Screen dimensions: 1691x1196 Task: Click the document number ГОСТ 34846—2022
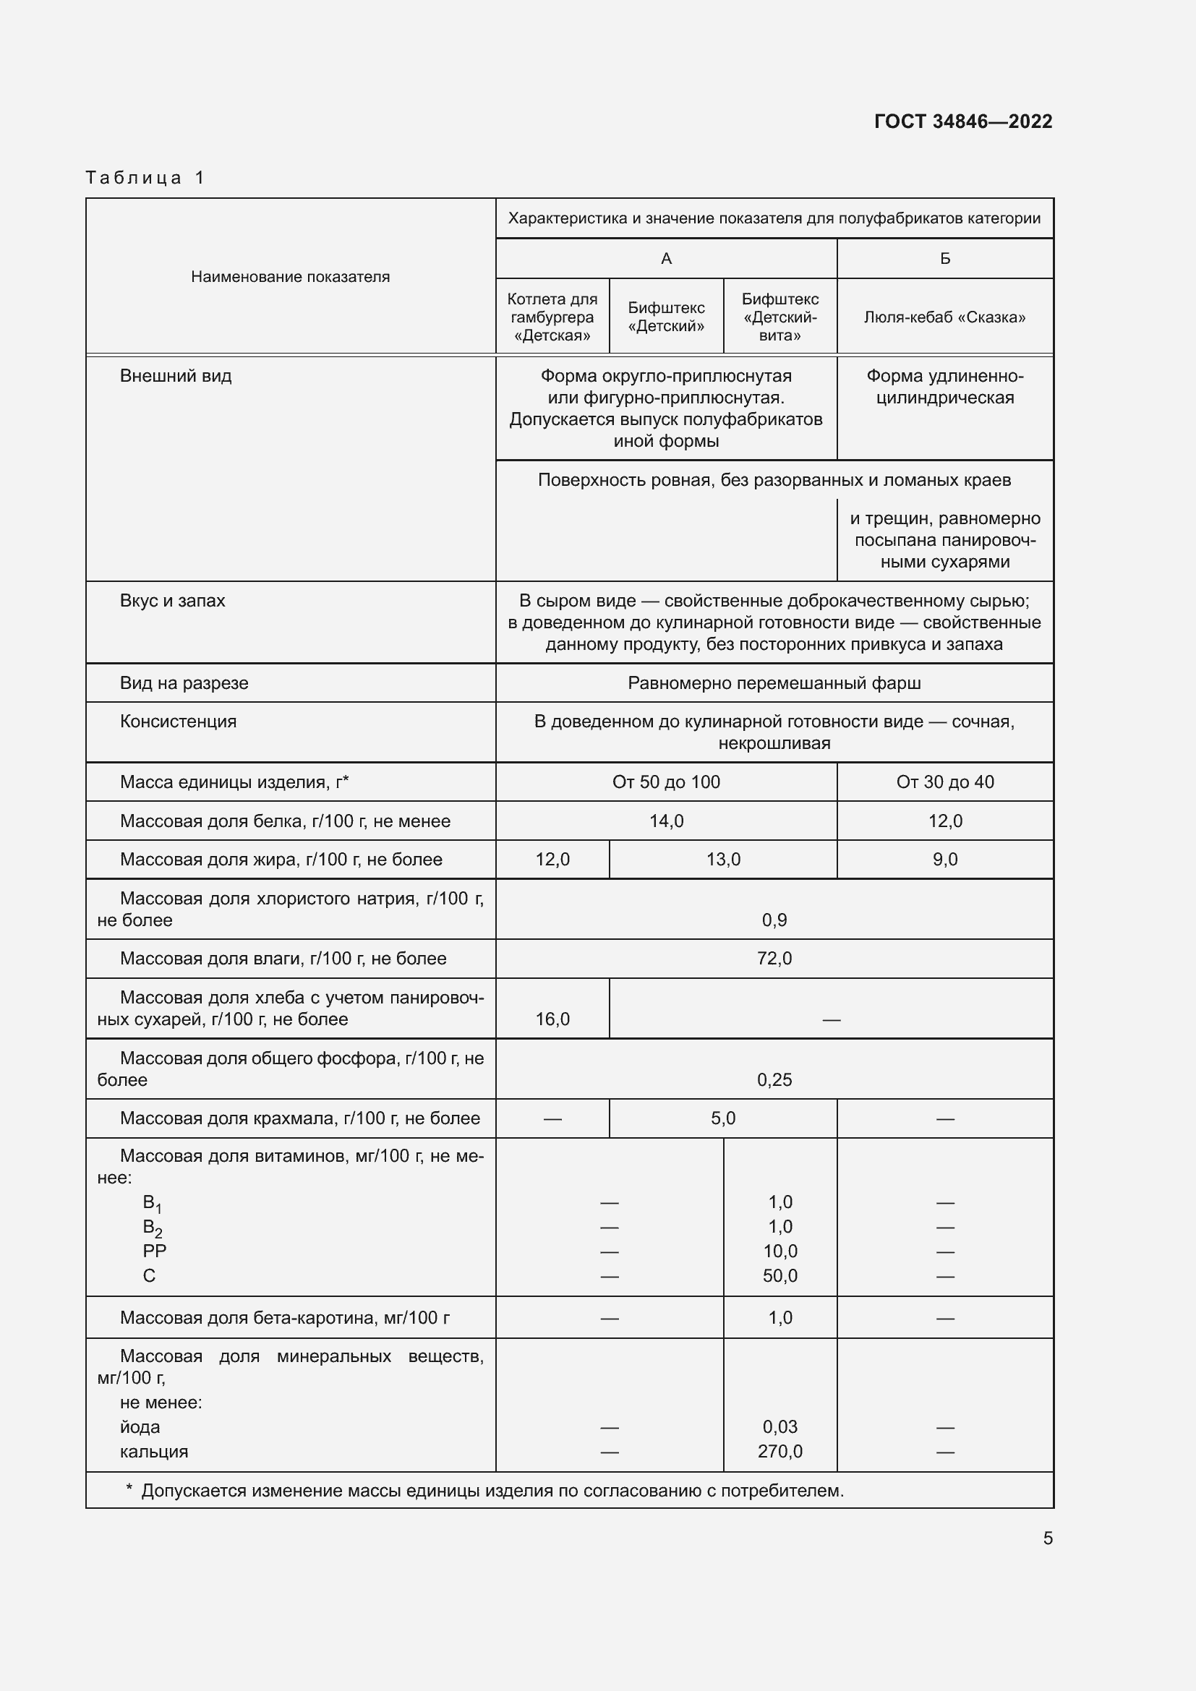962,121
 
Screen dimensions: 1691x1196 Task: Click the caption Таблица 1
145,178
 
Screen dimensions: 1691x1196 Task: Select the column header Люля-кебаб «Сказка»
944,317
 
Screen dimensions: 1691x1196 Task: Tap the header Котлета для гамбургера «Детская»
552,317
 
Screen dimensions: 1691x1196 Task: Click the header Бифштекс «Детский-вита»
779,317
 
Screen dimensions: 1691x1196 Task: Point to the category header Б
945,259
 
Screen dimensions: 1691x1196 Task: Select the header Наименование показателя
290,277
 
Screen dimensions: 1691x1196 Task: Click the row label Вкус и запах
172,601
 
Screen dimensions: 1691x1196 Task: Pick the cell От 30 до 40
944,782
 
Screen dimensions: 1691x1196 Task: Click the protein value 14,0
666,821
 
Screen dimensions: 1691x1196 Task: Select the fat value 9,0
944,860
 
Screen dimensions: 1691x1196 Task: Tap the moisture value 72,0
774,958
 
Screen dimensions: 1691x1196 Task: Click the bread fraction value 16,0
552,1019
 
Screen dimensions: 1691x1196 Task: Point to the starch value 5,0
722,1118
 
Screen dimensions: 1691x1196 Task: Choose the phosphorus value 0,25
774,1079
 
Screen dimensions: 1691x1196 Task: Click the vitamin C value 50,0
779,1275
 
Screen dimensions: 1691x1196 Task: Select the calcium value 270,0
779,1452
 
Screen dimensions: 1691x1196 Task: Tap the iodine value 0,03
779,1426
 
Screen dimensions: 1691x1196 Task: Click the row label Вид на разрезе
184,683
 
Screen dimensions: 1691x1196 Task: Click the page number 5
1047,1538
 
